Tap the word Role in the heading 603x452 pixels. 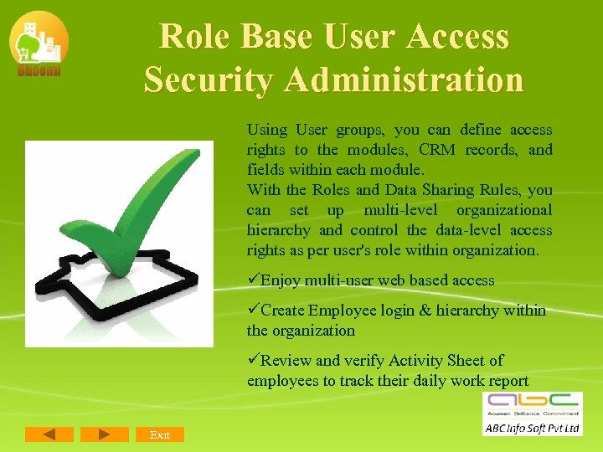(195, 37)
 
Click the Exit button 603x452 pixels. (159, 434)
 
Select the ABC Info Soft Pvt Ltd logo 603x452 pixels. (532, 413)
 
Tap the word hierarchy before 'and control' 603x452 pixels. (278, 230)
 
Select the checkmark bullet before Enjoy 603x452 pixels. (253, 280)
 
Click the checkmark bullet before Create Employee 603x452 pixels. (253, 311)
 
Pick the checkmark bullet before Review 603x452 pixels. (253, 361)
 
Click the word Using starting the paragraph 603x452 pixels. (266, 130)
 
